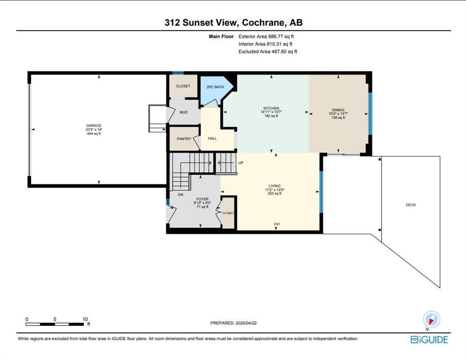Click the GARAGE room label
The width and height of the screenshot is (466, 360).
coord(94,126)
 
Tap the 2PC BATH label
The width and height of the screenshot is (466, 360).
coord(215,87)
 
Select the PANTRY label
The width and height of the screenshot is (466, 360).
coord(184,139)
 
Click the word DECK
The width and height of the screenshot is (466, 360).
coord(411,205)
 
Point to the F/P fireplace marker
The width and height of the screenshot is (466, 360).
coord(277,225)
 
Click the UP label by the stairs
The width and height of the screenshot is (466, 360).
coord(241,163)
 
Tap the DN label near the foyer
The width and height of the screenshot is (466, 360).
coord(180,195)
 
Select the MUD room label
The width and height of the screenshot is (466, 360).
coord(184,112)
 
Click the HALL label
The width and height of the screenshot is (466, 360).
coord(212,138)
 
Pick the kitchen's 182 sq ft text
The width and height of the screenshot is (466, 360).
coord(271,116)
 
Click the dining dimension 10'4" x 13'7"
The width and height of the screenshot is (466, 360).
coord(338,113)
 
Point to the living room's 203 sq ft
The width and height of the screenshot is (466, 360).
coord(274,194)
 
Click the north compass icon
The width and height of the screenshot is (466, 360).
coord(431,320)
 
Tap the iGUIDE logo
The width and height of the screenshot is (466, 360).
coord(429,339)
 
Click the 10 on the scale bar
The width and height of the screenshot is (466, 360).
coord(85,319)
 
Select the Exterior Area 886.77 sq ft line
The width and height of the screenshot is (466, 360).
coord(266,37)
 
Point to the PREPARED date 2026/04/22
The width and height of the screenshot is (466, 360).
coord(246,323)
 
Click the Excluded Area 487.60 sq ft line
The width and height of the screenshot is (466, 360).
coord(268,52)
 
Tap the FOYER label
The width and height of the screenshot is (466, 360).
coord(203,199)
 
